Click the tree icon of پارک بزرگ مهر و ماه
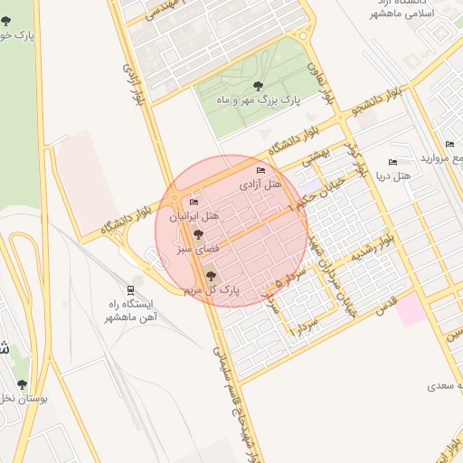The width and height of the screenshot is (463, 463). (x=259, y=87)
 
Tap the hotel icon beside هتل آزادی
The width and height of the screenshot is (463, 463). (x=261, y=171)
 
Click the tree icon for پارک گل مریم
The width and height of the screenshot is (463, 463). (x=212, y=277)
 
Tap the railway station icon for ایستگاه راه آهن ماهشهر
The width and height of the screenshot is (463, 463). (x=133, y=290)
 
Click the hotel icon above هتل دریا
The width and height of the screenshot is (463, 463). (x=392, y=162)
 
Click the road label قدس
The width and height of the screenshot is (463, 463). (x=386, y=298)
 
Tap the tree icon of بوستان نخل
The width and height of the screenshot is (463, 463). (x=23, y=384)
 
